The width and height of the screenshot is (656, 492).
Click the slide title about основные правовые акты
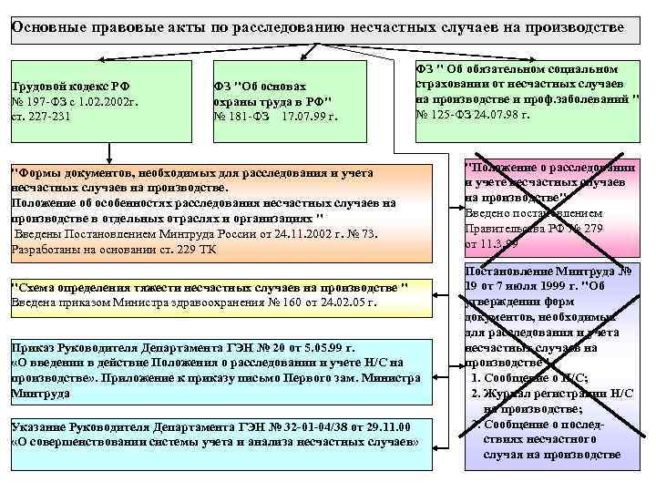click(318, 26)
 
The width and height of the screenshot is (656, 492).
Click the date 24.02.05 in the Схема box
click(347, 302)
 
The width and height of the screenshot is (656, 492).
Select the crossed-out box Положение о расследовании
click(551, 207)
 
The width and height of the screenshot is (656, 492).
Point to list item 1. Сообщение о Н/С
click(529, 377)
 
